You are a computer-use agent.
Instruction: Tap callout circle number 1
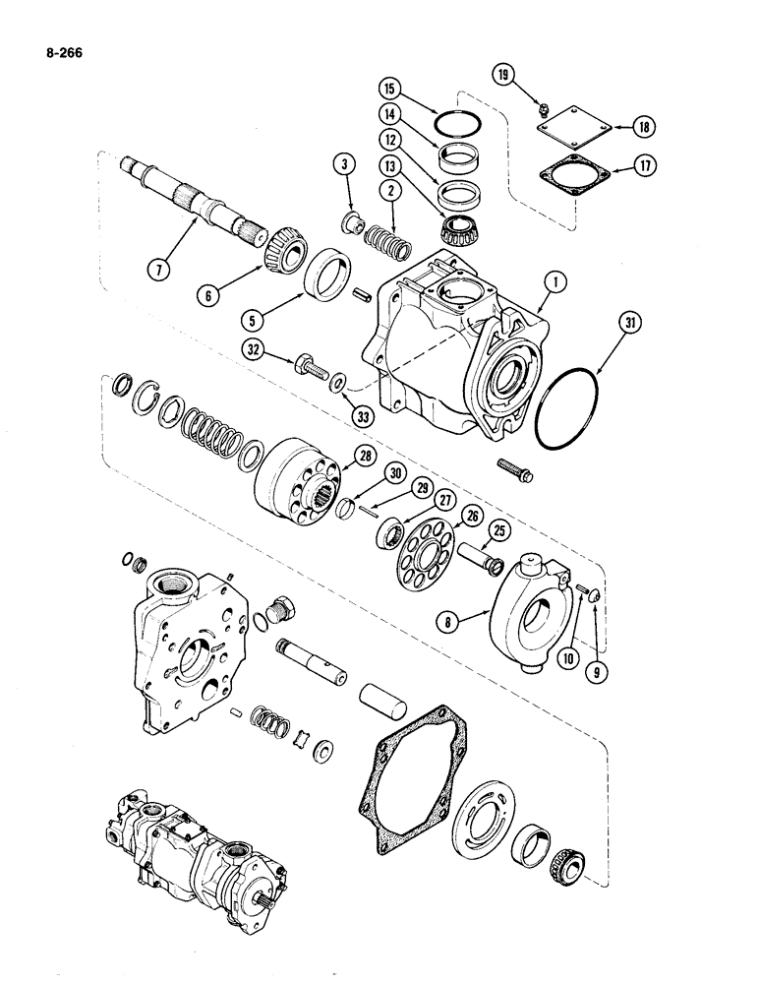coord(557,284)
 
